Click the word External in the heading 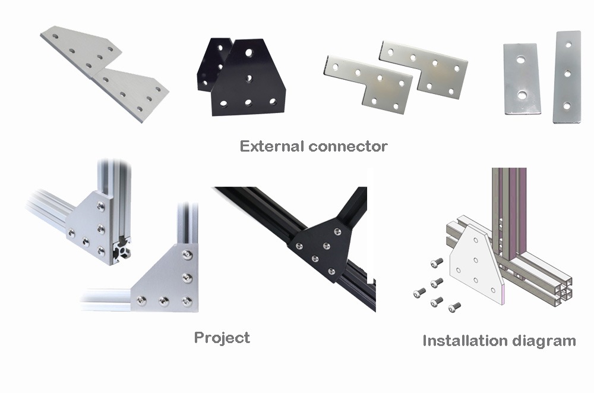click(272, 146)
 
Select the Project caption click(222, 338)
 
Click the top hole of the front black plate click(249, 52)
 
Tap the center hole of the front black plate click(249, 78)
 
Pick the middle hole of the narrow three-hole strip click(567, 74)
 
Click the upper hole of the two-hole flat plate click(521, 60)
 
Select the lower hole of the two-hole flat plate click(522, 95)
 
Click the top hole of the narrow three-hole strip click(568, 45)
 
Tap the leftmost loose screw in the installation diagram click(419, 293)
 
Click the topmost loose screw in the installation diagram click(437, 262)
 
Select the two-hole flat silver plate click(522, 78)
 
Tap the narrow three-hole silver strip click(567, 77)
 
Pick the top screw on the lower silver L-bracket click(187, 254)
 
